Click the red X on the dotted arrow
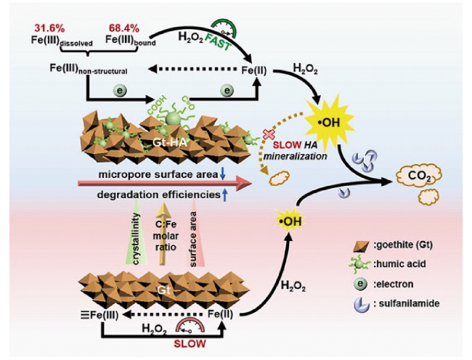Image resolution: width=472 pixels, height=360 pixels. pos(269,134)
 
